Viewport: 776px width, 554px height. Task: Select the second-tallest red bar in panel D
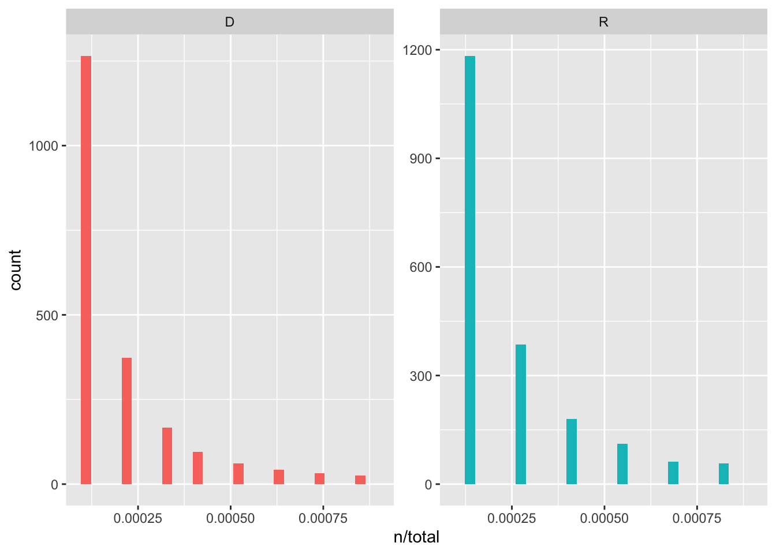126,421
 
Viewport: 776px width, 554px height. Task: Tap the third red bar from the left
167,456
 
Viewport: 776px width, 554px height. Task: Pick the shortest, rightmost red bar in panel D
360,480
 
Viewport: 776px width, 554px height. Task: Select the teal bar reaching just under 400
520,414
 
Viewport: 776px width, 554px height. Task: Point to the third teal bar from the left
571,451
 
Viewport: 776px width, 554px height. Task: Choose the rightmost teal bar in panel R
723,474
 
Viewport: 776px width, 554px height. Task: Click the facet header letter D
230,23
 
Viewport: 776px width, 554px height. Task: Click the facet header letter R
603,23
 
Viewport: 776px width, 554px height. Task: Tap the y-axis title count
16,270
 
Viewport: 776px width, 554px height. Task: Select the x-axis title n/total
416,537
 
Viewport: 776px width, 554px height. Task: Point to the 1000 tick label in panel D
44,146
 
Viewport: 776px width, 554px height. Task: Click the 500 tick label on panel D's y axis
47,316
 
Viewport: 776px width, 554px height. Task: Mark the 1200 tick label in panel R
417,50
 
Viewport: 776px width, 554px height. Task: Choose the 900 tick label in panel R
420,159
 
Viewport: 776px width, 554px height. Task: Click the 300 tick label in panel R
420,376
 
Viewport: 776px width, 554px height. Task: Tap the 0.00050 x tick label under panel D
230,518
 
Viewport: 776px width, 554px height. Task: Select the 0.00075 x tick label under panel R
697,518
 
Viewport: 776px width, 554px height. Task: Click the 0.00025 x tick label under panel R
512,518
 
